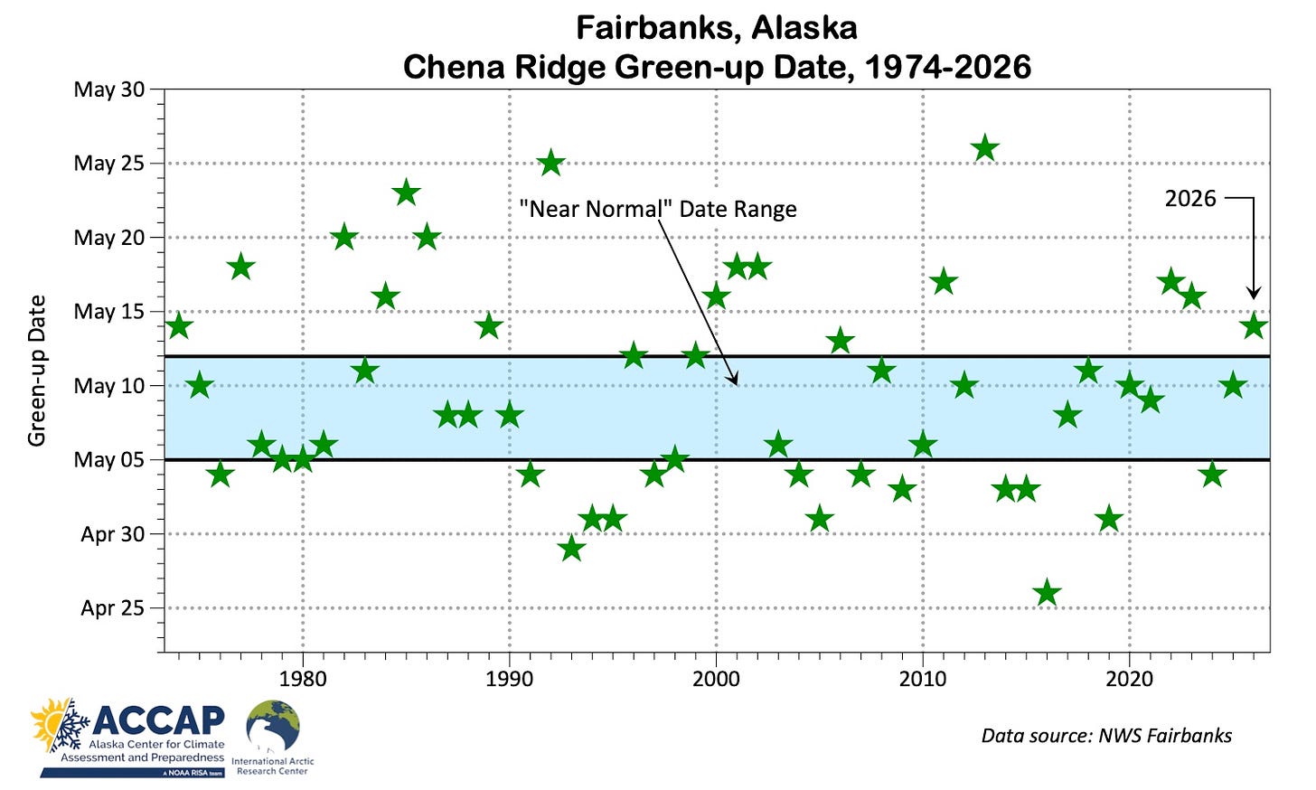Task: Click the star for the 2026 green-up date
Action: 1254,326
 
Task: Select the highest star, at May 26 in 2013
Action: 985,148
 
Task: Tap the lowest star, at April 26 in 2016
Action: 1047,593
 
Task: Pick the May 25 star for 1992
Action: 551,164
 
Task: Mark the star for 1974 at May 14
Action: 179,326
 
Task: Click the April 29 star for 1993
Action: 571,550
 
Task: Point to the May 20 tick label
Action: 108,238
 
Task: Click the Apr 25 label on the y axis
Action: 112,608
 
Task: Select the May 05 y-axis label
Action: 108,460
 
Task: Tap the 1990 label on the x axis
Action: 510,680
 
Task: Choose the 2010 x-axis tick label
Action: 923,680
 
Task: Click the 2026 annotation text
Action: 1190,199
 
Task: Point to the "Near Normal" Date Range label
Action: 658,209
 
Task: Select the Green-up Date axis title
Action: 37,371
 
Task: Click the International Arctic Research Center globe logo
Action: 273,726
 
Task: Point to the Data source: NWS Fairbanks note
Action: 1107,736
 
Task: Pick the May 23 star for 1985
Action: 407,193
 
